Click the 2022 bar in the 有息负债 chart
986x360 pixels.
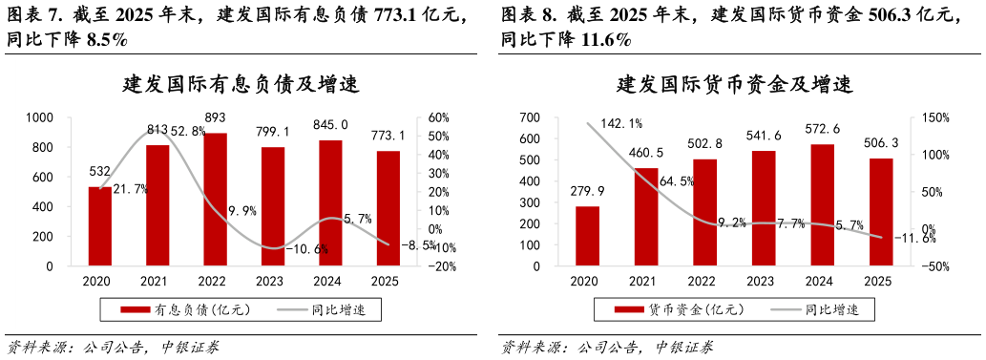pyautogui.click(x=215, y=200)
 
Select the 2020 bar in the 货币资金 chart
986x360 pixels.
pyautogui.click(x=588, y=236)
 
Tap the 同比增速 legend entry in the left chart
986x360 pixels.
pyautogui.click(x=328, y=309)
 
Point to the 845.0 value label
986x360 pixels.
pyautogui.click(x=330, y=124)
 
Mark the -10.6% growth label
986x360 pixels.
pyautogui.click(x=307, y=249)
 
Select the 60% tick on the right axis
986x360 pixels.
pyautogui.click(x=440, y=117)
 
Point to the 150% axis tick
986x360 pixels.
pyautogui.click(x=934, y=117)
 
